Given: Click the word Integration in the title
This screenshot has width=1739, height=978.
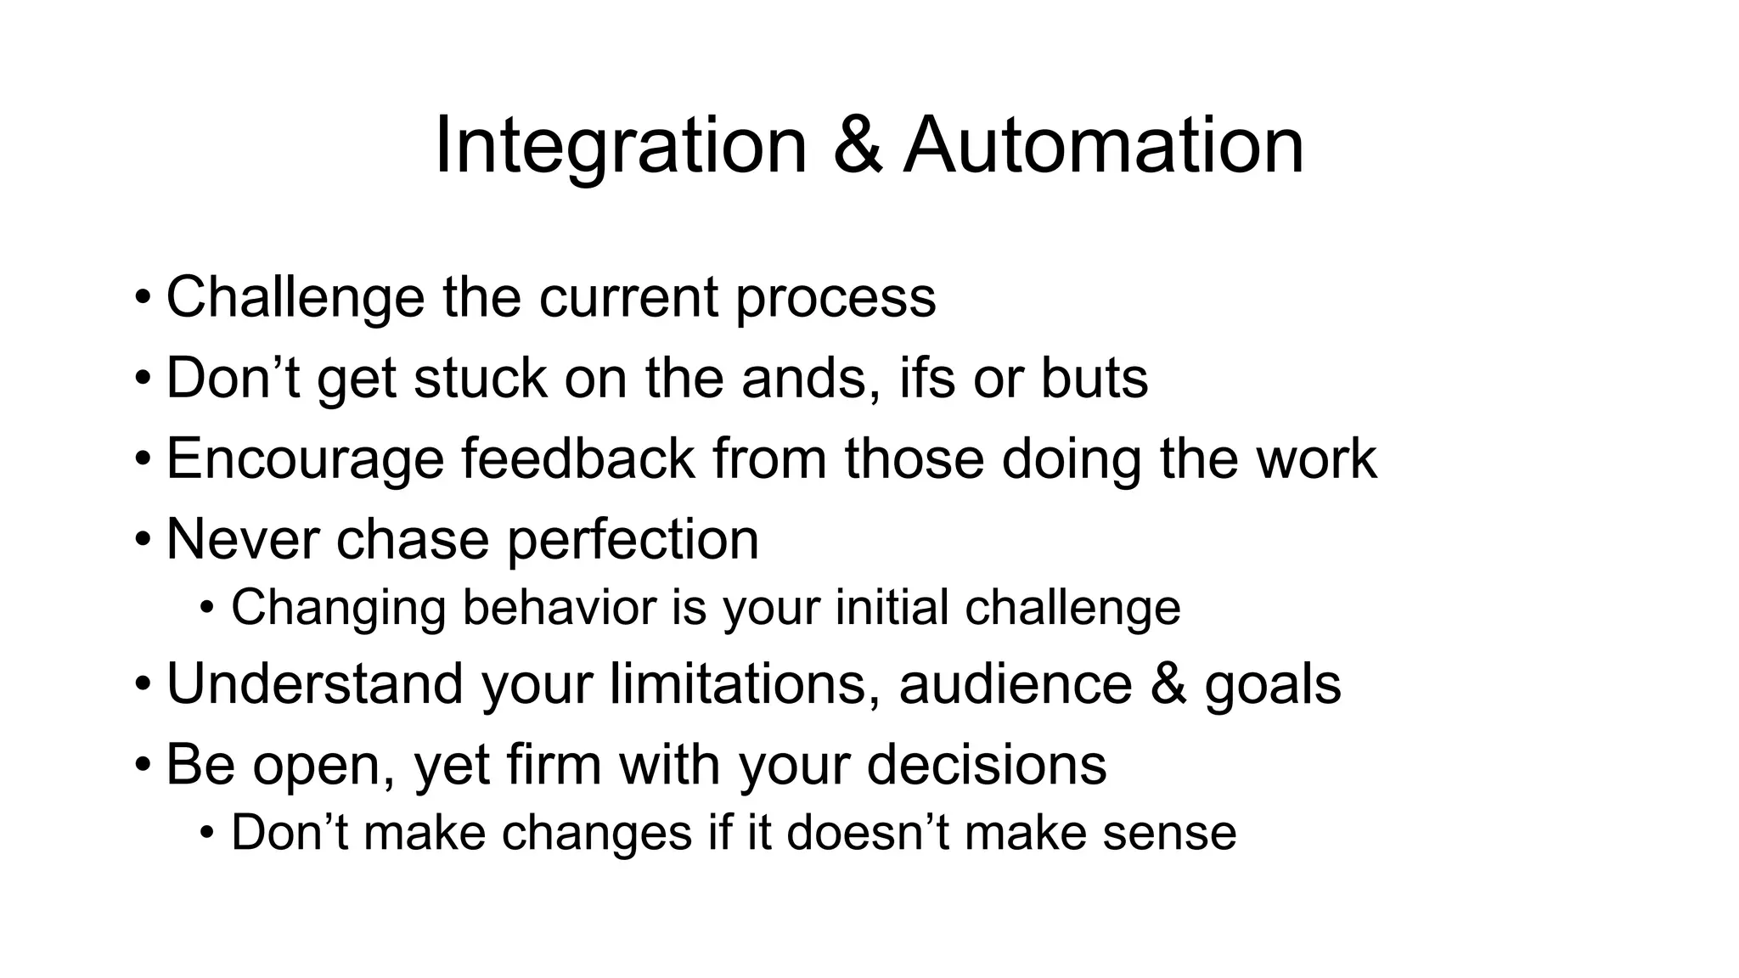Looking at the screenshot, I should tap(620, 146).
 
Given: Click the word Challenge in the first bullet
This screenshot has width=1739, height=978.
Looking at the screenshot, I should tap(295, 297).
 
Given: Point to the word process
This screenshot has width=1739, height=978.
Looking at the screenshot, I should tap(836, 299).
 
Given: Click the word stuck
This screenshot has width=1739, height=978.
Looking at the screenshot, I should tap(480, 378).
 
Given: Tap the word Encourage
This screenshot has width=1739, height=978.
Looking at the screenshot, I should tap(305, 459).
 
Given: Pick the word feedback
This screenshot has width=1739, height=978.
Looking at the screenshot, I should tap(577, 458).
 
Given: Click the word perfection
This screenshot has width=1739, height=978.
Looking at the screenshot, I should tap(633, 540).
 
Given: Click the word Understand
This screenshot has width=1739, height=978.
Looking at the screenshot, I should tap(315, 683).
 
